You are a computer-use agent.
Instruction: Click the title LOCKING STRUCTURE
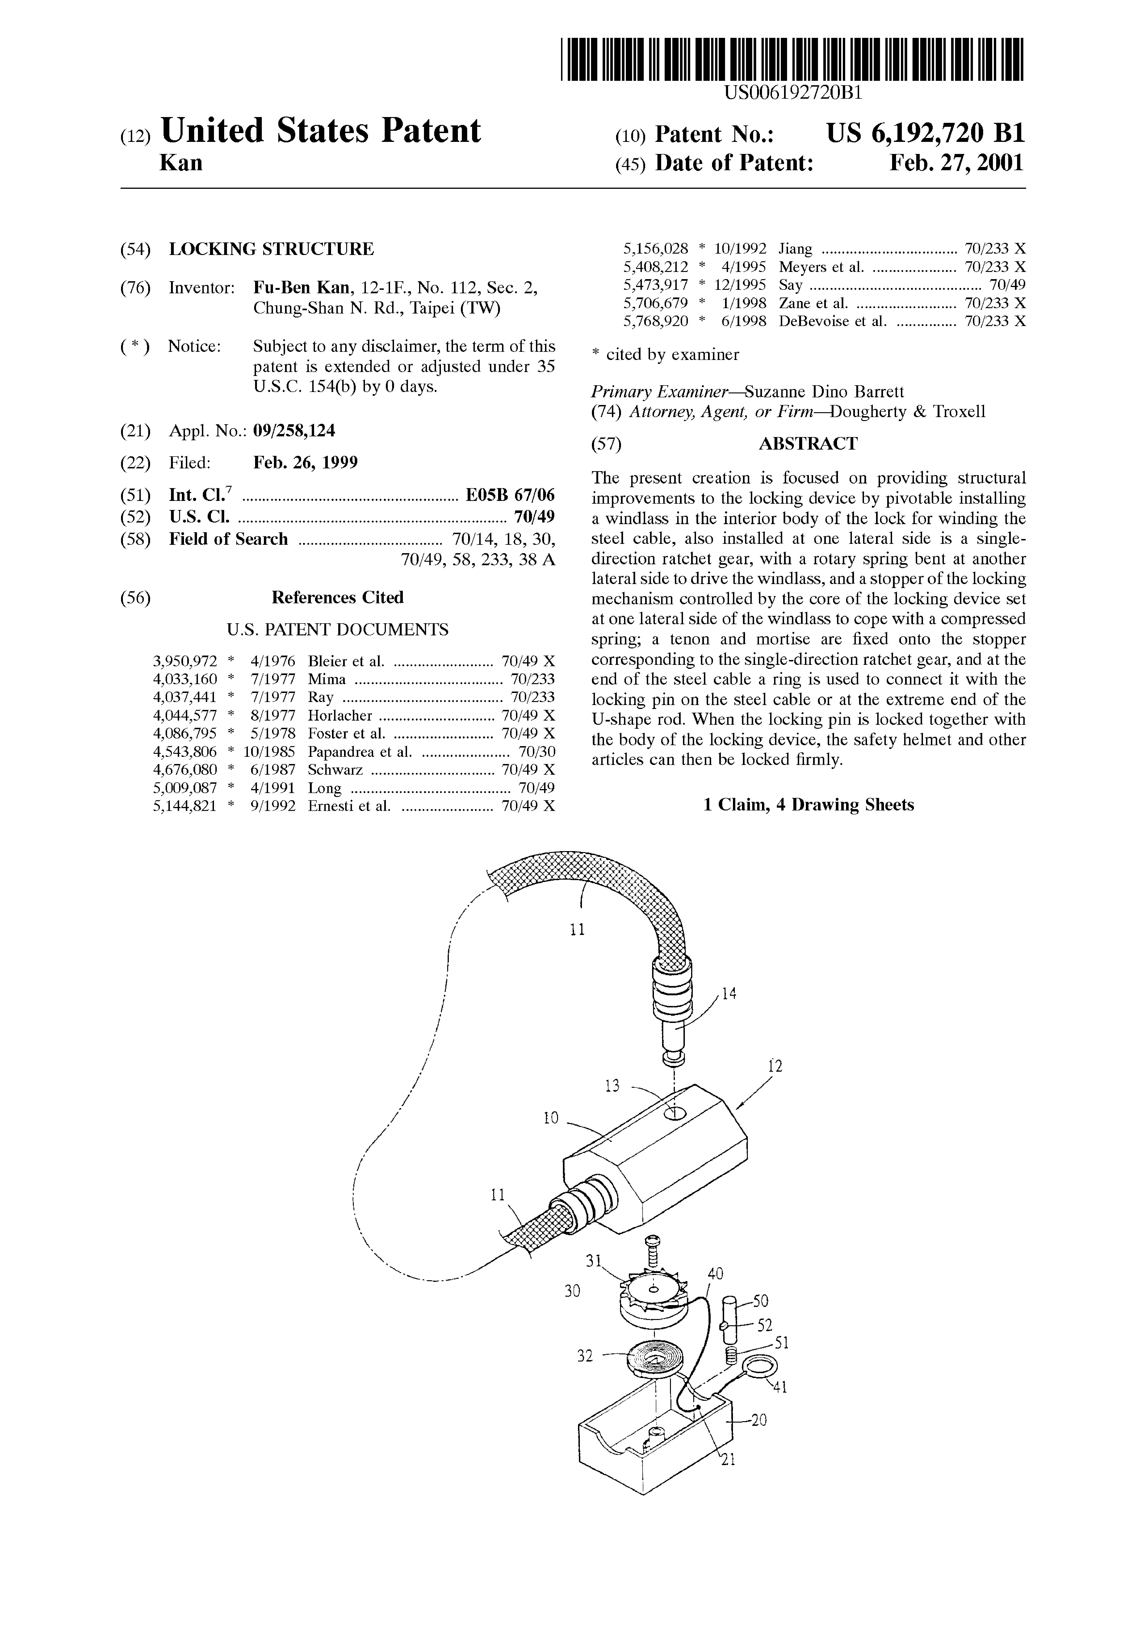click(271, 249)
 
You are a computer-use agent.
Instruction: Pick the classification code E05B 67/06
click(510, 495)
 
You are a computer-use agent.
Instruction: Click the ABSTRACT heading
click(808, 444)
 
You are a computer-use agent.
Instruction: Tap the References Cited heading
click(338, 598)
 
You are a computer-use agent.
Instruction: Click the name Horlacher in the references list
click(340, 715)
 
